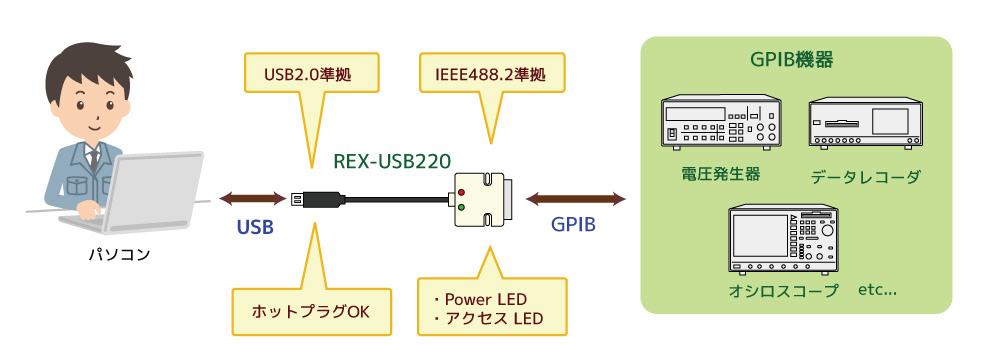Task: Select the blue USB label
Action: [x=255, y=226]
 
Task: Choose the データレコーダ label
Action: [x=866, y=176]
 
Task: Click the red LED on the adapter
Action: [x=462, y=189]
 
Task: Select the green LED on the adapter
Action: [x=462, y=208]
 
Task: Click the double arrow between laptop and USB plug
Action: [x=253, y=198]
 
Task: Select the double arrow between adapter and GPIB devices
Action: [x=577, y=198]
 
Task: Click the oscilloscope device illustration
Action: [x=781, y=240]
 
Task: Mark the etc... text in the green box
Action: [x=877, y=291]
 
